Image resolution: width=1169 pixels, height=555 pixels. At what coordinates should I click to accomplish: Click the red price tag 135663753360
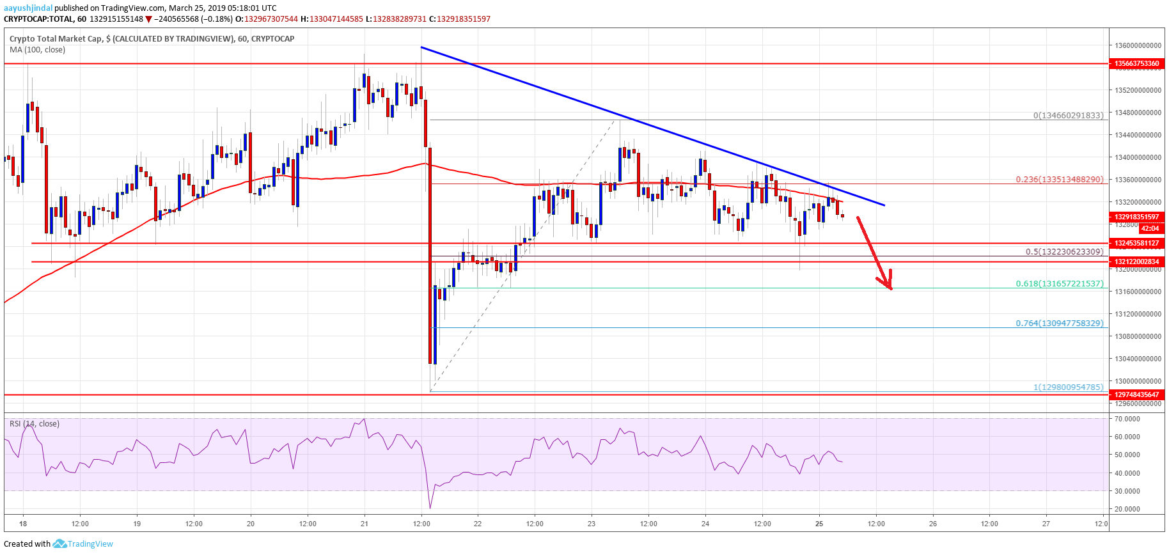tap(1136, 63)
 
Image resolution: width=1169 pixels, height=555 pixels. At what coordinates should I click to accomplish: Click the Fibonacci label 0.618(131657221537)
tap(1059, 283)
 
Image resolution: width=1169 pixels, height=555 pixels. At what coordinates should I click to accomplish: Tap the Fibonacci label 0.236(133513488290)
tap(1059, 180)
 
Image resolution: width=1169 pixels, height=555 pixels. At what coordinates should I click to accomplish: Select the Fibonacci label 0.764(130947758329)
tap(1059, 324)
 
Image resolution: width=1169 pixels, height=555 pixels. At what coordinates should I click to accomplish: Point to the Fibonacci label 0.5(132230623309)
tap(1064, 252)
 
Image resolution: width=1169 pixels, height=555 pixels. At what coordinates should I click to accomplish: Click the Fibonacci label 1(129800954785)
tap(1068, 387)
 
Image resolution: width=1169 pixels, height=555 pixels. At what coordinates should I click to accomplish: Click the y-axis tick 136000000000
tap(1138, 46)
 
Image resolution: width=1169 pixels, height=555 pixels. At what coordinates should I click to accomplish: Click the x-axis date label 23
tap(592, 524)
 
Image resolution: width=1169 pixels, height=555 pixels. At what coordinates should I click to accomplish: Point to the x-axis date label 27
tap(1046, 524)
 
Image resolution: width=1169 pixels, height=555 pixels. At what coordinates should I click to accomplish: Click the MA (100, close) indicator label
tap(37, 50)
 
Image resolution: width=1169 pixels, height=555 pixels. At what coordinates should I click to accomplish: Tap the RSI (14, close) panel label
tap(35, 424)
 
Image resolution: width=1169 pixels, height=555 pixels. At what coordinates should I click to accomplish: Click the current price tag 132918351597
tap(1136, 217)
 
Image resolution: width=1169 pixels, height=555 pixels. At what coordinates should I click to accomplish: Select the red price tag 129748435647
tap(1136, 395)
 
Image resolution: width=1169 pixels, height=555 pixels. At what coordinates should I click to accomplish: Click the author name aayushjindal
tap(28, 8)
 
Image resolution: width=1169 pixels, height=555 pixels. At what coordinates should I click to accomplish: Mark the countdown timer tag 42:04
tap(1149, 228)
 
